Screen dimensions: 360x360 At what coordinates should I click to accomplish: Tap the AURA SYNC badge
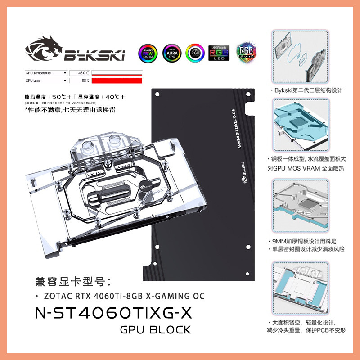[172, 54]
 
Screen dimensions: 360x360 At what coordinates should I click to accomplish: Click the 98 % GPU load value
[85, 81]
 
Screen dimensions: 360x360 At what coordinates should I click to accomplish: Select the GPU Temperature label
[38, 73]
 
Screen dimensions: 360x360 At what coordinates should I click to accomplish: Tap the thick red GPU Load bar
[117, 81]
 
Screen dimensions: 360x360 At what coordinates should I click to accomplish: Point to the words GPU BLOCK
[155, 330]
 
